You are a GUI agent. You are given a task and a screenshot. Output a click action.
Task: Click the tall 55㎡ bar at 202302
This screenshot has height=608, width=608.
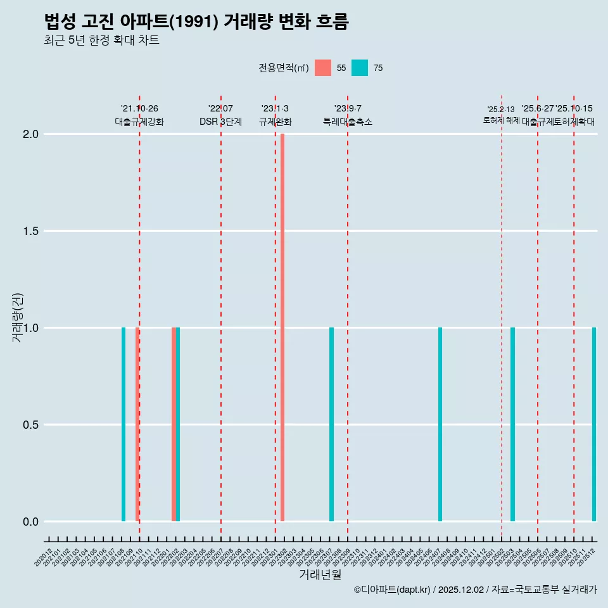(282, 327)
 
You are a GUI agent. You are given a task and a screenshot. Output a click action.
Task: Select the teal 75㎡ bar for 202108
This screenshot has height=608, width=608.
(123, 424)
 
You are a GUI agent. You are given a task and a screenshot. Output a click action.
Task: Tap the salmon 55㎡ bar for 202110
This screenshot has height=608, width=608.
(137, 424)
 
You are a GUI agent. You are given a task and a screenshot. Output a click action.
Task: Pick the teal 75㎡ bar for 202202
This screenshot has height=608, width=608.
(178, 424)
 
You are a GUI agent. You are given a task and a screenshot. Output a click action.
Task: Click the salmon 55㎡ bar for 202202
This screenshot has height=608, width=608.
(174, 424)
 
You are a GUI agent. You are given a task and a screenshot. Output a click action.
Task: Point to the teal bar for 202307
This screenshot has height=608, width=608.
(331, 424)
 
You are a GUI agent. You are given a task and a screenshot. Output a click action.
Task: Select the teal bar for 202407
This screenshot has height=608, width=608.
(440, 424)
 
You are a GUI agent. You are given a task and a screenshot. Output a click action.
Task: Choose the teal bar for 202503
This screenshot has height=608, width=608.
(512, 424)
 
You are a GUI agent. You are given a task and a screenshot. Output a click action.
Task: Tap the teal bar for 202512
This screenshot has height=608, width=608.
(594, 424)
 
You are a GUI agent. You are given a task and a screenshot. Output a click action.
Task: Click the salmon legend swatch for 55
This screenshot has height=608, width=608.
(323, 68)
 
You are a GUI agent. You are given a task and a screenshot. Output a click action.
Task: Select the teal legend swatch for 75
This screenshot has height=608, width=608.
(360, 68)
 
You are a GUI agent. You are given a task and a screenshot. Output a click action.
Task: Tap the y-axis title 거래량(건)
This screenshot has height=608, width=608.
(18, 317)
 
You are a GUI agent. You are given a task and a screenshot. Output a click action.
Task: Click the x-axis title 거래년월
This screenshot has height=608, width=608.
(320, 574)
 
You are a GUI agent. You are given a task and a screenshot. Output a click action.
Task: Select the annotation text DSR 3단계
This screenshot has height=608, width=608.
(220, 122)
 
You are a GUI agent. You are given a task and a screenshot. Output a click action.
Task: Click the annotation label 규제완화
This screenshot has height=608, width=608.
(275, 122)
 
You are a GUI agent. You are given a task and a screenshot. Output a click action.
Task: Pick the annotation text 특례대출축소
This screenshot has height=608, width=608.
(348, 122)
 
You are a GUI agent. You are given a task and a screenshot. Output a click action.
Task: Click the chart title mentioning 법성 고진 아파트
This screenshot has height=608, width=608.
(196, 22)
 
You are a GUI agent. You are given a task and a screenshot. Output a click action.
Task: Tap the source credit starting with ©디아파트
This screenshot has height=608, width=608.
(475, 590)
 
